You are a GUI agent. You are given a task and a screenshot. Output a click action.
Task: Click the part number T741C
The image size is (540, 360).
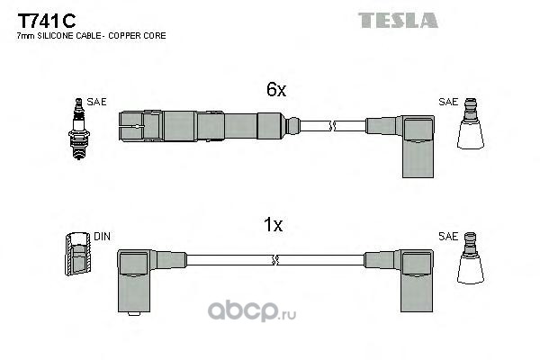47,21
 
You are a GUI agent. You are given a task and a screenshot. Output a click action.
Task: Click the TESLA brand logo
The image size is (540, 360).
398,20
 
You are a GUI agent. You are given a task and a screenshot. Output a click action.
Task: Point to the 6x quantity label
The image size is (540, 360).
276,89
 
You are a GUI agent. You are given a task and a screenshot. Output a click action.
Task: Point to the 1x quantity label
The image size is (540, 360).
273,225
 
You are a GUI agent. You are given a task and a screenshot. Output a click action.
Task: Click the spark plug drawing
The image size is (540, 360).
79,129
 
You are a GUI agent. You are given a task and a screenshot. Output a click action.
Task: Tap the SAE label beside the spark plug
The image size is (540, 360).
96,102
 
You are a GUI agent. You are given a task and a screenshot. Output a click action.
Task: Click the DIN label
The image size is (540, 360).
102,237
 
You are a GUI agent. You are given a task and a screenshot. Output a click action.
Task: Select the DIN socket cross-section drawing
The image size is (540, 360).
78,254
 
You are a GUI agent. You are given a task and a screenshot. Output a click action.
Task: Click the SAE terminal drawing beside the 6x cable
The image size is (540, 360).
471,123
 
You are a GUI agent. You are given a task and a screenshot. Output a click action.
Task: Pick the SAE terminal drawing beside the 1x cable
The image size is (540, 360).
471,258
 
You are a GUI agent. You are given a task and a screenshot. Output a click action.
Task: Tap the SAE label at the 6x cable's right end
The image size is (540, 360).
448,102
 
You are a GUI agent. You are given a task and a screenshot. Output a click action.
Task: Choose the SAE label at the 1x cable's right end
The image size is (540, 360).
448,237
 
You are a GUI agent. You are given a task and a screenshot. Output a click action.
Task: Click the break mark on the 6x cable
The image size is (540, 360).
332,126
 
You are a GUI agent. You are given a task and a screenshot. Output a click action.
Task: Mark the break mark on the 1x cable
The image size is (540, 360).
274,260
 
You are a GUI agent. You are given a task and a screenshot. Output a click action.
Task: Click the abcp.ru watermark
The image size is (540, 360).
252,311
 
